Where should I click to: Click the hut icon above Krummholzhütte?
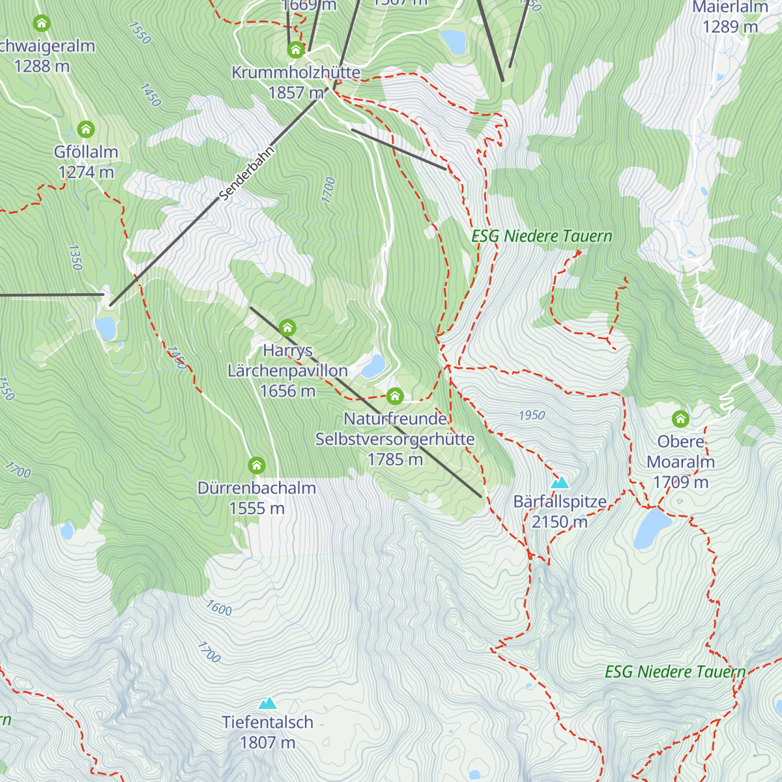296,50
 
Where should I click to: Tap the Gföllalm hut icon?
86,128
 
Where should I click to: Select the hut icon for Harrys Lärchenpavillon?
287,327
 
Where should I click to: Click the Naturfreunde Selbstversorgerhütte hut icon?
395,396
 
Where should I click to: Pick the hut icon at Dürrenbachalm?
257,465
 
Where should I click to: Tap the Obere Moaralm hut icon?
680,418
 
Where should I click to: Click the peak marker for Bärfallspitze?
560,483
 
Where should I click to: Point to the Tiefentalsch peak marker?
267,703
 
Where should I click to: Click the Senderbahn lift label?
247,173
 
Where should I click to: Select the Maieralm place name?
730,7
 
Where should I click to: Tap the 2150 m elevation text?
559,522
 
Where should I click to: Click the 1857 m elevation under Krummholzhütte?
296,93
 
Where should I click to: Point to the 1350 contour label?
75,257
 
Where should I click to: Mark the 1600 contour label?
219,608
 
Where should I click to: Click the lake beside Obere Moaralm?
652,529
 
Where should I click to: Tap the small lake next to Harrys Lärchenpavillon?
373,366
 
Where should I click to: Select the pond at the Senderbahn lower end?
106,328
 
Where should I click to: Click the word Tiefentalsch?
267,722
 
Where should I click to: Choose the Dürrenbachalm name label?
257,488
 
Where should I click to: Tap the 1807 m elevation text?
267,742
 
